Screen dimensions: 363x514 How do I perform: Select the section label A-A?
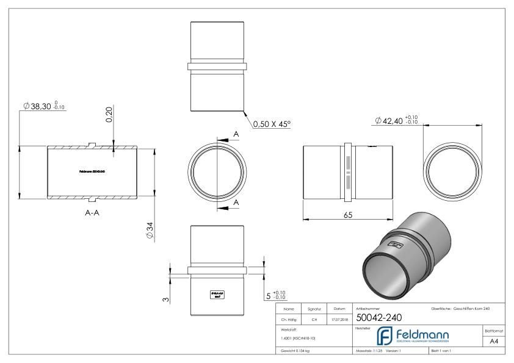(92, 214)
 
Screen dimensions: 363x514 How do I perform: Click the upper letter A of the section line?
(236, 133)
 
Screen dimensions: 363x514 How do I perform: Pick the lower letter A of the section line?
(236, 201)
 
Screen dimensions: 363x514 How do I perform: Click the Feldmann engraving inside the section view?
(92, 171)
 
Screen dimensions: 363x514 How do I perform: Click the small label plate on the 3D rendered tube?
(395, 245)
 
